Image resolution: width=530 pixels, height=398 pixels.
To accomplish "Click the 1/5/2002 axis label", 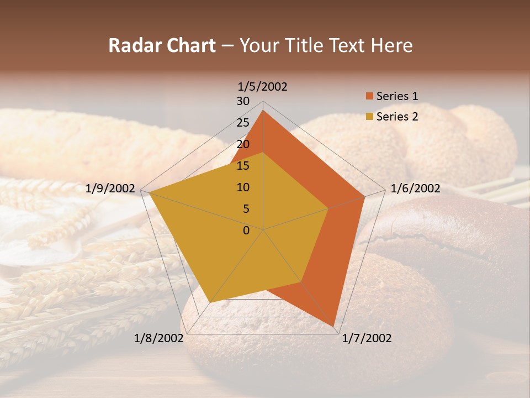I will click(263, 86).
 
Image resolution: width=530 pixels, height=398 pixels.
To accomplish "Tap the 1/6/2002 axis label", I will click(415, 188).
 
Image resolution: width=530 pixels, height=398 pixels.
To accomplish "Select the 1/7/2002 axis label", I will click(367, 338).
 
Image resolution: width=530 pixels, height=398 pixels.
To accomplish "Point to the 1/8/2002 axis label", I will click(158, 338).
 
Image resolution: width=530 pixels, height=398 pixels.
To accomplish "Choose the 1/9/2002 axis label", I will click(110, 188).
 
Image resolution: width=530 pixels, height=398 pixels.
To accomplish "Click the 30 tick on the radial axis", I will click(243, 101).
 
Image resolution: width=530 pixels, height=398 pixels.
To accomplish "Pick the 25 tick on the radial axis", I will click(243, 123).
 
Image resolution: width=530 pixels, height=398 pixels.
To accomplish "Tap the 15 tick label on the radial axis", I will click(243, 166).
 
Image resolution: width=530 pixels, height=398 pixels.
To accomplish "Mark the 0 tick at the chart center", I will click(246, 231).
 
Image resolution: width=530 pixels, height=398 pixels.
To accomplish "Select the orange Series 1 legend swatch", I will click(369, 96).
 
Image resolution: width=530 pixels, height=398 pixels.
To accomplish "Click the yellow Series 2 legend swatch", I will click(369, 117).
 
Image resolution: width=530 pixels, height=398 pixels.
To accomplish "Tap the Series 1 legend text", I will click(397, 96).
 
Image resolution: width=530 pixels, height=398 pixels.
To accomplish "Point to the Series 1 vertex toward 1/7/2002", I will click(334, 326).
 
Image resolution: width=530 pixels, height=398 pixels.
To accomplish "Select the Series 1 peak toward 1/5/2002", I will click(263, 110).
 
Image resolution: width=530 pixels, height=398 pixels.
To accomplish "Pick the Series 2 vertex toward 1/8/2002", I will click(210, 302).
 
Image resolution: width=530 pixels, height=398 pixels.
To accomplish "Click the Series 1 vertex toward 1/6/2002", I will click(365, 196).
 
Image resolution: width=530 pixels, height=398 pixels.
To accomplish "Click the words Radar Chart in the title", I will click(162, 45).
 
